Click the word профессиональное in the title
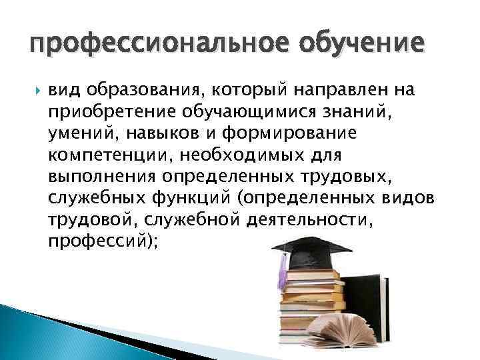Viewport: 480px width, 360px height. click(150, 45)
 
